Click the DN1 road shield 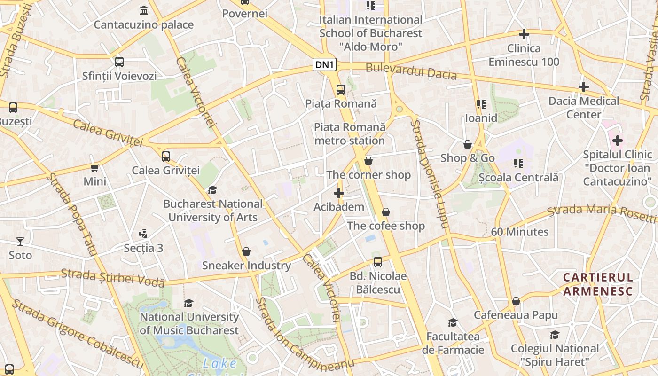pyautogui.click(x=324, y=65)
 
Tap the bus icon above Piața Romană pyautogui.click(x=341, y=89)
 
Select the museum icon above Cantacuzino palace pyautogui.click(x=144, y=10)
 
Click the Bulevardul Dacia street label pyautogui.click(x=411, y=71)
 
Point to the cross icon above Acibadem pyautogui.click(x=339, y=193)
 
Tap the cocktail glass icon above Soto pyautogui.click(x=20, y=242)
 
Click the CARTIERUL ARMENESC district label pyautogui.click(x=598, y=284)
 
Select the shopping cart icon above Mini pyautogui.click(x=95, y=168)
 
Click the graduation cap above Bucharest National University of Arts pyautogui.click(x=213, y=190)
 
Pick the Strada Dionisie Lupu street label pyautogui.click(x=430, y=174)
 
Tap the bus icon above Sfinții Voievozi pyautogui.click(x=119, y=62)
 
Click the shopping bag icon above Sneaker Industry pyautogui.click(x=246, y=252)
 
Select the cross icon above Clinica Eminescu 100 pyautogui.click(x=524, y=34)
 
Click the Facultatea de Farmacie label pyautogui.click(x=453, y=343)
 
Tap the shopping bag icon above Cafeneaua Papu pyautogui.click(x=516, y=301)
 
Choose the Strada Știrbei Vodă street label pyautogui.click(x=113, y=277)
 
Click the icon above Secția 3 pyautogui.click(x=143, y=234)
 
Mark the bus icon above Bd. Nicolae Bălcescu pyautogui.click(x=378, y=262)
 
